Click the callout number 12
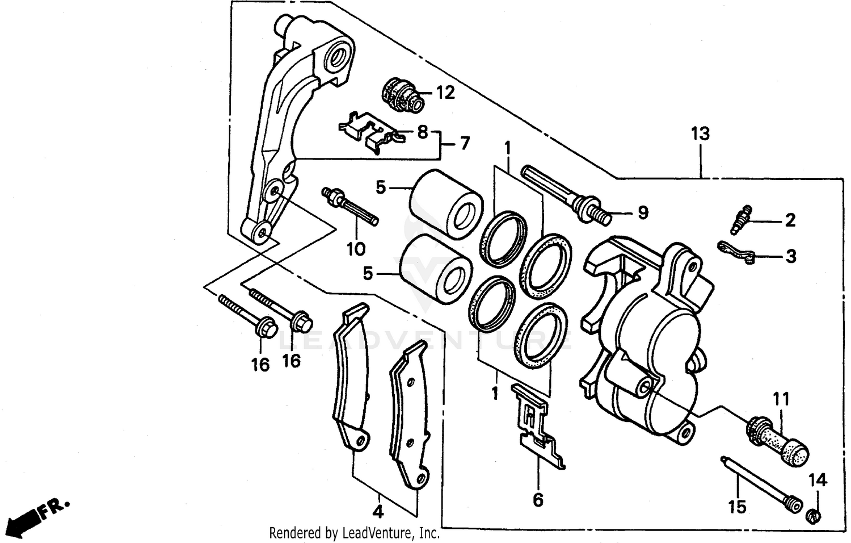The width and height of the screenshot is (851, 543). pyautogui.click(x=445, y=93)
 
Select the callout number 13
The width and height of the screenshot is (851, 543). pyautogui.click(x=700, y=134)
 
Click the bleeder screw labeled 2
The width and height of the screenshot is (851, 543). pyautogui.click(x=741, y=220)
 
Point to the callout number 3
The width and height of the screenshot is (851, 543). pyautogui.click(x=790, y=257)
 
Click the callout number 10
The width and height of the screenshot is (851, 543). pyautogui.click(x=356, y=249)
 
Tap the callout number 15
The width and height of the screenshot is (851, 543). pyautogui.click(x=737, y=506)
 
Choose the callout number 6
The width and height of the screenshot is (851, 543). pyautogui.click(x=538, y=500)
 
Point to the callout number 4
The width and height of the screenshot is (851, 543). pyautogui.click(x=378, y=512)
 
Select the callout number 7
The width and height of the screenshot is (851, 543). pyautogui.click(x=465, y=144)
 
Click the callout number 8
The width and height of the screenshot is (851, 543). pyautogui.click(x=422, y=132)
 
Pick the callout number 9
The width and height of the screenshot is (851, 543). pyautogui.click(x=642, y=213)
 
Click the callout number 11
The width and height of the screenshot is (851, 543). pyautogui.click(x=781, y=400)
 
